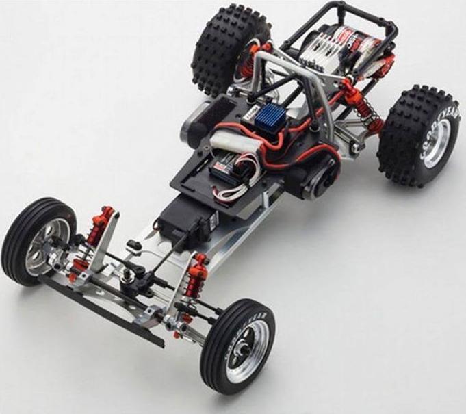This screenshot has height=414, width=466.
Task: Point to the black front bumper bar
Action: [x=103, y=311]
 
